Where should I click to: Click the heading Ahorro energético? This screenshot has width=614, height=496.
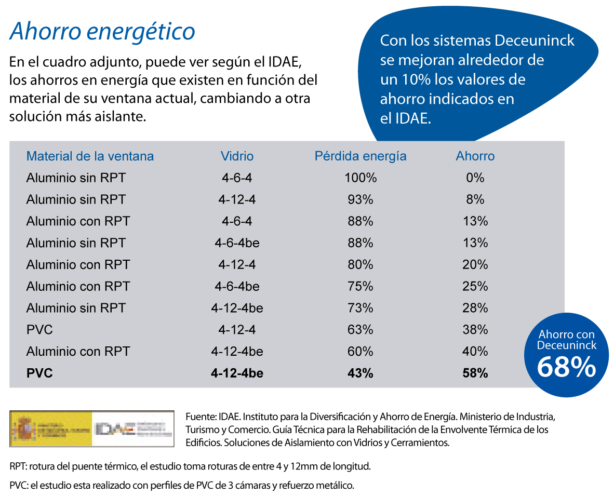point(102,32)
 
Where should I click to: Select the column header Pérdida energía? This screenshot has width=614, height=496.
point(360,156)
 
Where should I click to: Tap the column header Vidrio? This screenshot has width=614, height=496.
point(237,156)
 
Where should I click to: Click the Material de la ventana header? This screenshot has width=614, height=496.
point(90,156)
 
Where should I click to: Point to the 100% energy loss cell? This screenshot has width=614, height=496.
point(360,178)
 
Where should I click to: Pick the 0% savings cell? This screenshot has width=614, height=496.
point(475,178)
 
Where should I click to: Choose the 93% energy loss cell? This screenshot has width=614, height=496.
point(360,200)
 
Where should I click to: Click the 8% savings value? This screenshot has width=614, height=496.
point(475,200)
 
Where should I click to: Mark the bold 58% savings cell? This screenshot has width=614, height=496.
point(475,373)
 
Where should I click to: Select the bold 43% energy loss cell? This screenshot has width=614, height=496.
point(360,373)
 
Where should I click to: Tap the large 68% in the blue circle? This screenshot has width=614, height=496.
point(566,367)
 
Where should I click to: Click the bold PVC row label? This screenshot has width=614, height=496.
point(39,373)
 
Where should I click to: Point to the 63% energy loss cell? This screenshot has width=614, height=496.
point(360,330)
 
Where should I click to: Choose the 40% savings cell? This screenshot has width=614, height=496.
point(475,352)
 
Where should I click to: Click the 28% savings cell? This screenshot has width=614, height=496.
point(475,308)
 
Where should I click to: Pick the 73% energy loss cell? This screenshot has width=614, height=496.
point(360,308)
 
